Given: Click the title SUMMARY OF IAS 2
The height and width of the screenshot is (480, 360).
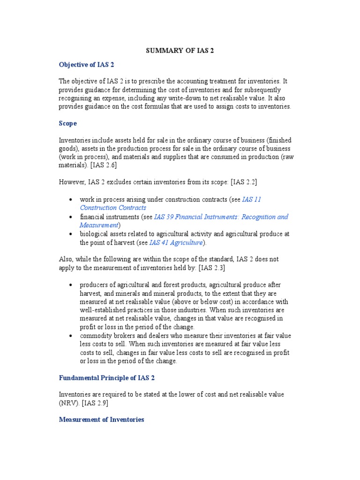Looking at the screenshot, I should [x=180, y=51].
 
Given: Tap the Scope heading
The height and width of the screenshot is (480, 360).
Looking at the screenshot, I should [x=68, y=124].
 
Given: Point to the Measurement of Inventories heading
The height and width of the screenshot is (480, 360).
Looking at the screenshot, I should [x=101, y=420].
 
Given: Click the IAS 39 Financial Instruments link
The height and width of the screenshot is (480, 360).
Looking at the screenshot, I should [x=221, y=217].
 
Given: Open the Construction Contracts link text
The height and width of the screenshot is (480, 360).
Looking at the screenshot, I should [x=112, y=208].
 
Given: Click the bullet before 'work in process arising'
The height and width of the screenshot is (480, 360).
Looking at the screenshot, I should [x=70, y=200].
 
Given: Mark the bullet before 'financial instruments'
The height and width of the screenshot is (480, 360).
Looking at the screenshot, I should [x=70, y=217].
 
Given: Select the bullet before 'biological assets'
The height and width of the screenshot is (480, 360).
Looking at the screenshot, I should [x=70, y=234].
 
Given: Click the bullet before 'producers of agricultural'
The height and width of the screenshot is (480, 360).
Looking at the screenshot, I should [x=70, y=285].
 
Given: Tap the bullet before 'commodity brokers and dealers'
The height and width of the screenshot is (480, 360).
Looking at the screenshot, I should [x=70, y=336].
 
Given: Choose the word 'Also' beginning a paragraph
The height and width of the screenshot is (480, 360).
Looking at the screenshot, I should [x=66, y=259].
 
